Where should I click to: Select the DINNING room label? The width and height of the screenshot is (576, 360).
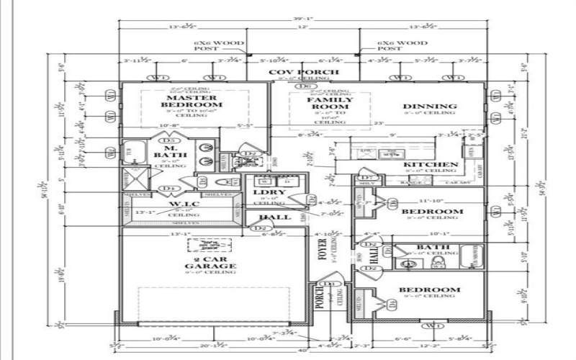[430, 107]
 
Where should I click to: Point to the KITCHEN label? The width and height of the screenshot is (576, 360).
[431, 165]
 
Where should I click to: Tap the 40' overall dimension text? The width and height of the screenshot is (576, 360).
[303, 350]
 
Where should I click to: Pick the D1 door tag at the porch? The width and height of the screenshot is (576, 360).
[331, 285]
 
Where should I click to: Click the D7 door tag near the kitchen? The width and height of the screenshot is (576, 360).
[366, 177]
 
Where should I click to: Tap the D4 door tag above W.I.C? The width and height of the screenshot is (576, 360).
[170, 189]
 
